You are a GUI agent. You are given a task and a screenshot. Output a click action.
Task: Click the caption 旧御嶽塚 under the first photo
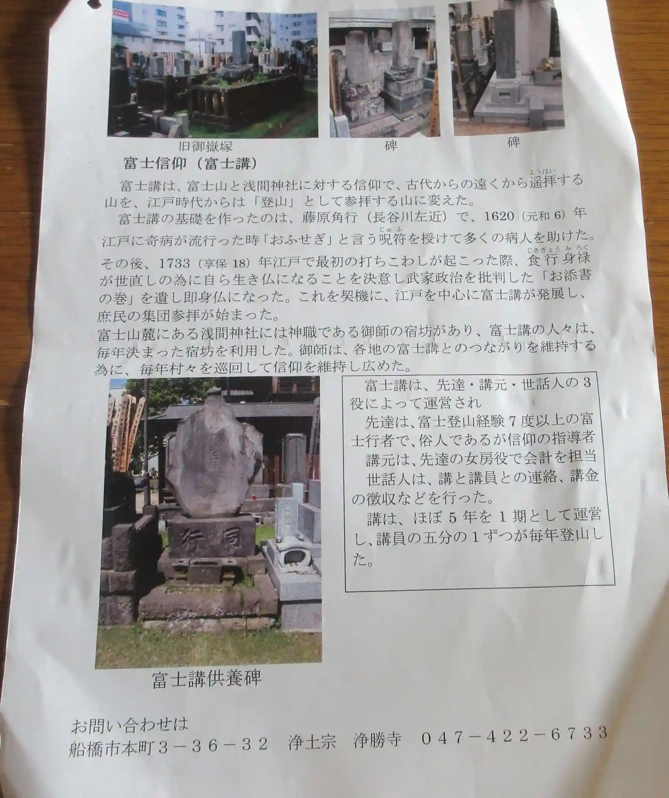205,146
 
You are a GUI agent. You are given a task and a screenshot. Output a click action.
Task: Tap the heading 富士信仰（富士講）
190,164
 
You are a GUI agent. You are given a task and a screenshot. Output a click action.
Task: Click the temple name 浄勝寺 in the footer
377,740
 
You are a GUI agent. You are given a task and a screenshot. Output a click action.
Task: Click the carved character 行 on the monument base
194,540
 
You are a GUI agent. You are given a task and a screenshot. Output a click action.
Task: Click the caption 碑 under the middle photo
390,145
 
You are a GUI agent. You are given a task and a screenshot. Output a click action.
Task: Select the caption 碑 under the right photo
513,142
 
